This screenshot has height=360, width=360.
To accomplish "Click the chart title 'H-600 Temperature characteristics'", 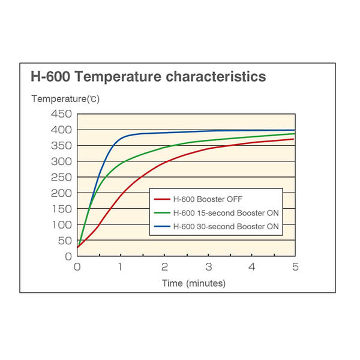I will tap(148, 77).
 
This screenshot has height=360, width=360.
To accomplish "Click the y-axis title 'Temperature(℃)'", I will tap(66, 98).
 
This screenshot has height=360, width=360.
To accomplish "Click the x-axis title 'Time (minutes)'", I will tap(194, 283).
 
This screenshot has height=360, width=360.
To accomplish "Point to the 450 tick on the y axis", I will tap(62, 114).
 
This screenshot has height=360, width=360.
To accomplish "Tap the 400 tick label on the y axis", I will tap(62, 130).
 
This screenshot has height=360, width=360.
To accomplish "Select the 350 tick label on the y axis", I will tap(62, 146).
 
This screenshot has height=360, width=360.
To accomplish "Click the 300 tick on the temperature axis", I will tap(62, 161).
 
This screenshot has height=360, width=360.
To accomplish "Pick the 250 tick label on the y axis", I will tap(62, 178).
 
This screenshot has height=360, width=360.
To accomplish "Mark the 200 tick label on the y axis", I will tap(62, 193).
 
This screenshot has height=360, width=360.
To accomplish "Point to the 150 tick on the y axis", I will tap(62, 209).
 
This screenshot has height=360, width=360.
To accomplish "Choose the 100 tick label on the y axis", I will tap(62, 225).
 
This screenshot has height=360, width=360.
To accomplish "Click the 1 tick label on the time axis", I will tap(121, 267).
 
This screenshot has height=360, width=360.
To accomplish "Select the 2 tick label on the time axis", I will tap(164, 267).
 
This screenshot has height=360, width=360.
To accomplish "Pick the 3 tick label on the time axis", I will tap(208, 267).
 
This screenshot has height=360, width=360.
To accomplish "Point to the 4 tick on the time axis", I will tap(252, 267).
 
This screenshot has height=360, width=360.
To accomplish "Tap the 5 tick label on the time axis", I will tap(295, 267).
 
